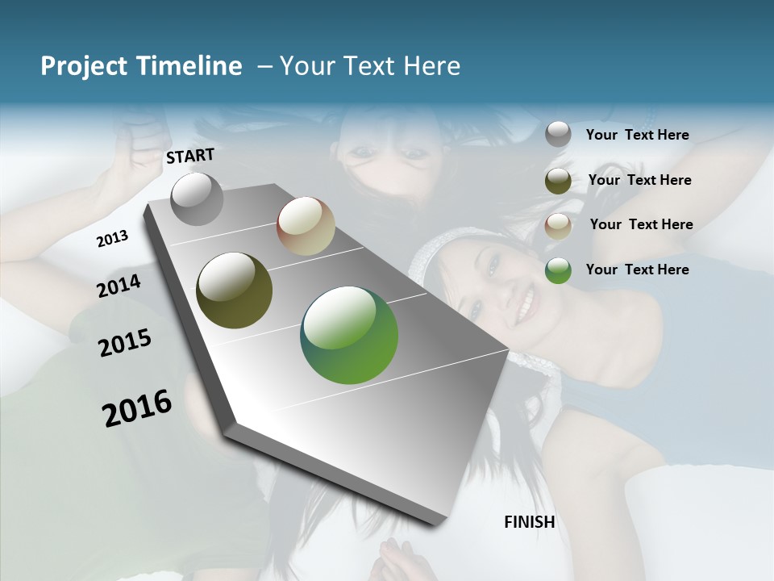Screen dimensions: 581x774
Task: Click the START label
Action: click(190, 156)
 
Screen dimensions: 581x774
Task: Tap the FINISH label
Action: click(529, 522)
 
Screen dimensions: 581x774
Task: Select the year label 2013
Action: click(112, 239)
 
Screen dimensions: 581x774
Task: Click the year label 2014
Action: click(119, 286)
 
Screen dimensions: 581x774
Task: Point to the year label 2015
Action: click(124, 343)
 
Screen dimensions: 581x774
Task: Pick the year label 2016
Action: click(137, 408)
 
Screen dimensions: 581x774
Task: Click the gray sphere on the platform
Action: click(197, 199)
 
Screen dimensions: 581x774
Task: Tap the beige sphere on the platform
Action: click(306, 226)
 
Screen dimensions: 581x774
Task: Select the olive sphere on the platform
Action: click(234, 290)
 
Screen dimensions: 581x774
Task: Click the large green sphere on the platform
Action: click(349, 335)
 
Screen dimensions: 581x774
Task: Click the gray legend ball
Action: click(558, 135)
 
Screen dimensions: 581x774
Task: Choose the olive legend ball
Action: click(558, 181)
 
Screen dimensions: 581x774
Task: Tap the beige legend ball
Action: click(558, 226)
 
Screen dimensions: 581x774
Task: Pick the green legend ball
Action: click(558, 270)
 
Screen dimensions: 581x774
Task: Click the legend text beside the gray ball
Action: click(637, 136)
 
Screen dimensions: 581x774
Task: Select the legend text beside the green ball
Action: click(637, 270)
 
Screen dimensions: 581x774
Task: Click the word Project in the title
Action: click(83, 66)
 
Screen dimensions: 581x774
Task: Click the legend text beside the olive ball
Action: click(639, 180)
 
